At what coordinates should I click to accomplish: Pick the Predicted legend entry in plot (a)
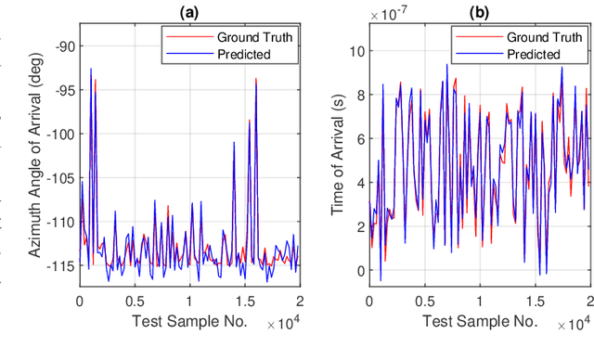pos(238,54)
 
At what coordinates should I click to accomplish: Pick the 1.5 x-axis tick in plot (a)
pos(244,302)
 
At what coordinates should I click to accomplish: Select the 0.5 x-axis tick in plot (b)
pos(425,302)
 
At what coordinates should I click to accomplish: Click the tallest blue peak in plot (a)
pos(91,69)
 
